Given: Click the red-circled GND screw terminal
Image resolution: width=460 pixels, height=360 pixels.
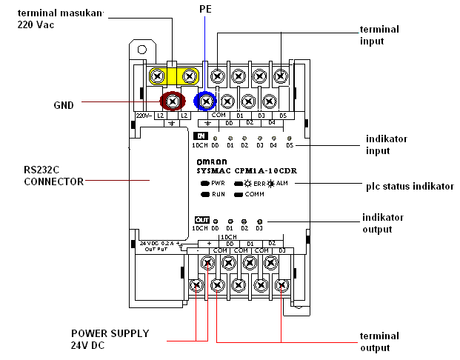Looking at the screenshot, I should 173,100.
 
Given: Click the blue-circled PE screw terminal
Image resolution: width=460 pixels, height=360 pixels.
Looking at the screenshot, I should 204,101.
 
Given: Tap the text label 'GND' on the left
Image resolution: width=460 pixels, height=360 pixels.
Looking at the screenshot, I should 64,105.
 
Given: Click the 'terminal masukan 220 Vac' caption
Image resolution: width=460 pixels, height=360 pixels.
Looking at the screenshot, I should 59,19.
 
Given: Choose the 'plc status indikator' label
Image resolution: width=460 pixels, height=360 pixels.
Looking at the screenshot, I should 410,186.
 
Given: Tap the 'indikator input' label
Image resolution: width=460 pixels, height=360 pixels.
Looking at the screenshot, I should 386,144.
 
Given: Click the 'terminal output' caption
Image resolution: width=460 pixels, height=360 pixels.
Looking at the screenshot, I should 379,341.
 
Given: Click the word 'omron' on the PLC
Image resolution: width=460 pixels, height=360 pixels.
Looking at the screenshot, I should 211,161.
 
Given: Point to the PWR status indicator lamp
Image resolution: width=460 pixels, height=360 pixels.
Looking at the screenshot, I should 204,181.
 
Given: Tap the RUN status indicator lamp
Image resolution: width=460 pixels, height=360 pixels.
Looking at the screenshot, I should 204,193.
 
